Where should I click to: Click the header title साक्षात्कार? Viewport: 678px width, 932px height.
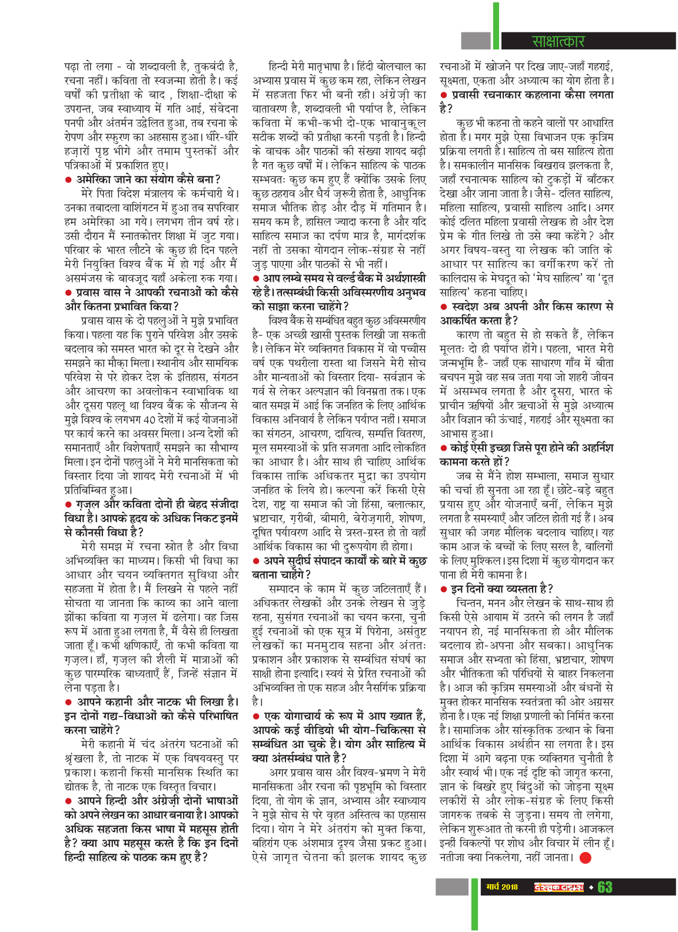tap(558, 41)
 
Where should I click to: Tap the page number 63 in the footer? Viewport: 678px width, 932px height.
tap(605, 887)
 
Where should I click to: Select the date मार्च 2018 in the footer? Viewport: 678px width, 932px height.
tap(502, 887)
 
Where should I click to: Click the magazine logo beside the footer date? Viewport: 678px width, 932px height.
tap(559, 887)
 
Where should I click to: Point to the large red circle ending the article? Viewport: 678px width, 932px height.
tap(585, 857)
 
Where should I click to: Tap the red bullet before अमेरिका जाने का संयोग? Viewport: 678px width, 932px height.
tap(69, 179)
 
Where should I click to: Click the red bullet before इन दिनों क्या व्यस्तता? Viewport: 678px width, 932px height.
tap(444, 589)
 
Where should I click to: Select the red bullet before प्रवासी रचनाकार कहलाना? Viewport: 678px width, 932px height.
tap(444, 95)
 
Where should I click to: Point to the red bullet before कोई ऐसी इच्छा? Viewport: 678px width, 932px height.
tap(444, 448)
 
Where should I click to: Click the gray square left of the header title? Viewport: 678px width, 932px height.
tap(476, 41)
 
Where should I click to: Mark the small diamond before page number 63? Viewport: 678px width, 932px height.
tap(591, 887)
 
